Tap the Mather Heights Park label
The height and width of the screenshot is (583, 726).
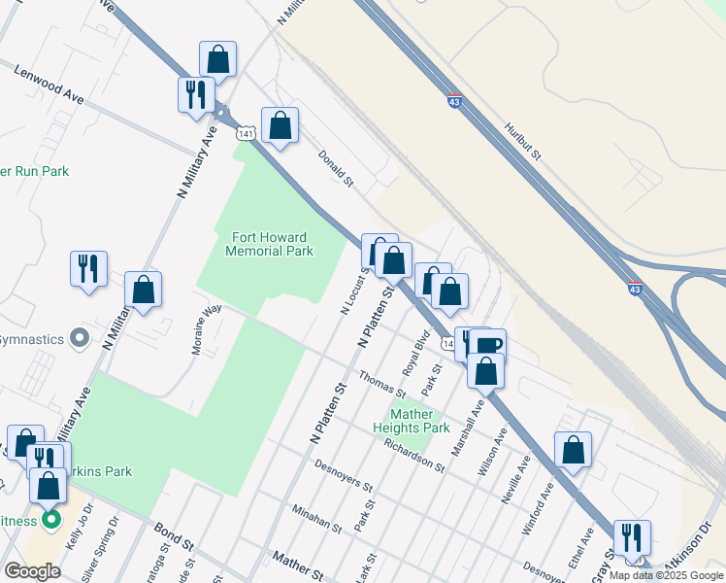click(x=412, y=421)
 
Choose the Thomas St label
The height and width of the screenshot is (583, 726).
click(x=381, y=384)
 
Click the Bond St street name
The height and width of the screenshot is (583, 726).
click(x=176, y=533)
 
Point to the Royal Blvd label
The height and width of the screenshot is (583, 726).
click(x=416, y=354)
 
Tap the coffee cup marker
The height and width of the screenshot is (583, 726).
click(x=491, y=345)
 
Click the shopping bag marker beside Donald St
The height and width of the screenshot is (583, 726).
click(x=280, y=125)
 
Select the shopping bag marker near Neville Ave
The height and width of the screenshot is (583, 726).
click(x=574, y=450)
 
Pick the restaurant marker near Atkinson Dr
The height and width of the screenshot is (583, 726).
click(x=632, y=536)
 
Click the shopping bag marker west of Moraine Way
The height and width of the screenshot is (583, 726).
click(x=144, y=290)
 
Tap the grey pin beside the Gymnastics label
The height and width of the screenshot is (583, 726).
click(x=81, y=339)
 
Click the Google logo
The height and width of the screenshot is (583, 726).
click(x=32, y=571)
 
